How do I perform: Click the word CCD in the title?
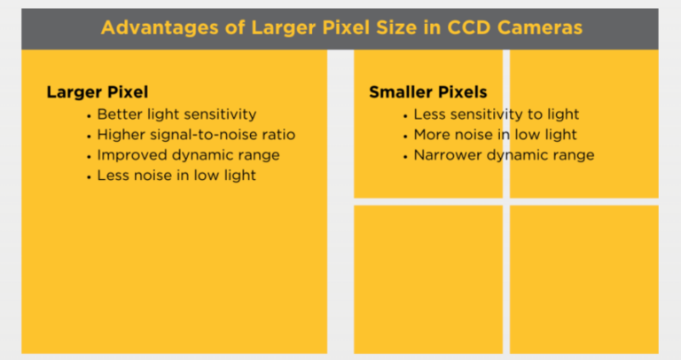469,27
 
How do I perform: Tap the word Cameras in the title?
540,27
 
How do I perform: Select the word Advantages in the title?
160,28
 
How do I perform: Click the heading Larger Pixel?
98,92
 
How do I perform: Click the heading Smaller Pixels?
427,92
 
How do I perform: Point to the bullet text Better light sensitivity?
176,114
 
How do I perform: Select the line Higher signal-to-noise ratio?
196,135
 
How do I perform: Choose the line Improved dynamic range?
189,155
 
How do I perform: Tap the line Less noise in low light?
176,176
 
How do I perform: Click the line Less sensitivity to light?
497,114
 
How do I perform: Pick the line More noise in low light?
495,135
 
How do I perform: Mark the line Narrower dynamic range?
504,155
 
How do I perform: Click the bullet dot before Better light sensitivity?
89,116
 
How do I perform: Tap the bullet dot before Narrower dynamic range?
405,157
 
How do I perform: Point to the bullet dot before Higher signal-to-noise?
89,137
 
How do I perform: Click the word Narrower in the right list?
447,155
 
